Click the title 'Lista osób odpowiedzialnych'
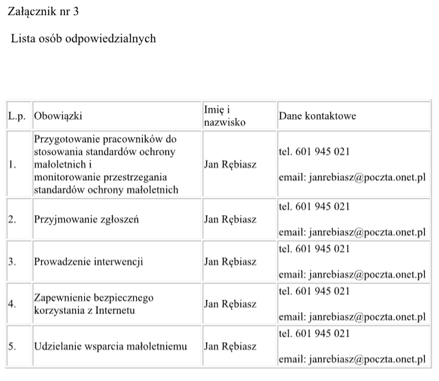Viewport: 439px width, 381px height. (x=83, y=38)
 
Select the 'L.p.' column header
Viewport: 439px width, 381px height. (x=16, y=116)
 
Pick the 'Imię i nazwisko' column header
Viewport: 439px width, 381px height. (x=224, y=116)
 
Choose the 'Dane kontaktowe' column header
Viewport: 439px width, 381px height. (x=317, y=116)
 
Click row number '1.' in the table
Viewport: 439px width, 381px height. (x=12, y=165)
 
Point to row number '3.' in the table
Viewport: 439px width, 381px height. (x=12, y=262)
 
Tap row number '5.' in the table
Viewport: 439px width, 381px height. (x=12, y=346)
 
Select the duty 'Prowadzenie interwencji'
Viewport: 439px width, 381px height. (x=89, y=262)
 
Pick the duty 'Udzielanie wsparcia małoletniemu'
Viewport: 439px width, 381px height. (x=110, y=346)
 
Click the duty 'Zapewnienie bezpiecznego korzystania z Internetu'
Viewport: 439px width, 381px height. (x=94, y=304)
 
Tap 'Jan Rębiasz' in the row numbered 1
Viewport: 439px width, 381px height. (x=230, y=165)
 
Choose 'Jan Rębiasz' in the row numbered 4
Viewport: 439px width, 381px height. (x=230, y=304)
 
